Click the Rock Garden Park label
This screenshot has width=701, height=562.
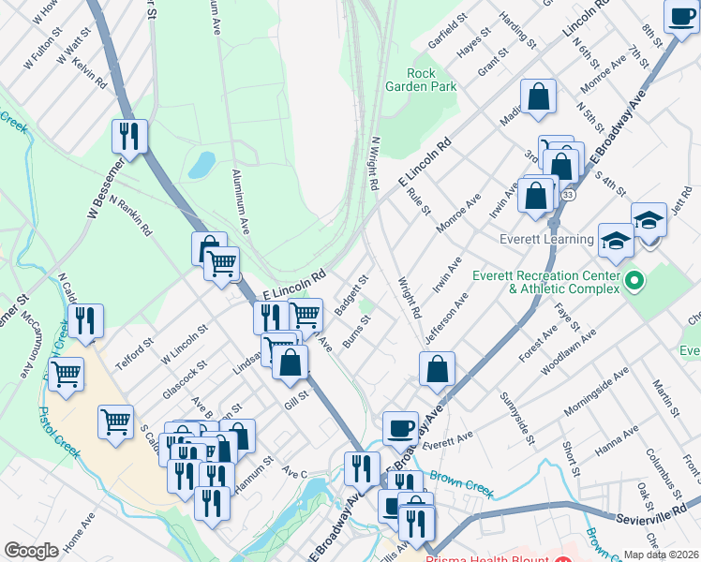coord(421,80)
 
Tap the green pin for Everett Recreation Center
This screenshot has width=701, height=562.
coord(634,280)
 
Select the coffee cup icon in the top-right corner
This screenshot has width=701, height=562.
coord(680,15)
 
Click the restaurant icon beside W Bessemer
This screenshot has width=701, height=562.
coord(128,136)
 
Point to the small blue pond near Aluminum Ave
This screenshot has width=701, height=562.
coord(201,165)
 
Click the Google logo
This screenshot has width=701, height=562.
coord(31,551)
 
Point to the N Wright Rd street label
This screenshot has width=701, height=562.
coord(373,165)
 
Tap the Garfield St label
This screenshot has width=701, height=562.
coord(448,31)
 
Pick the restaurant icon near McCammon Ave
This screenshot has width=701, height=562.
coord(85,321)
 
